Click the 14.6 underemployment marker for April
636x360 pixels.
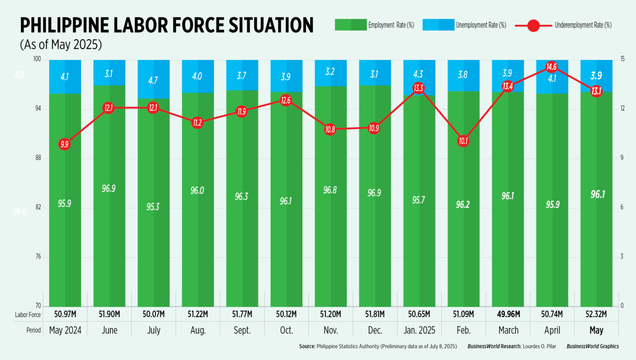[x=551, y=67]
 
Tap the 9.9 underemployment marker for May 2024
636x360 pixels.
[x=64, y=144]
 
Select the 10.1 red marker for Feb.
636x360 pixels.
[x=463, y=141]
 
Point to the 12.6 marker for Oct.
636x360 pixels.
[x=286, y=100]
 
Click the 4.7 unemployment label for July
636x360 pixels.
[x=153, y=80]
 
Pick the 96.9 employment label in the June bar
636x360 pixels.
[x=108, y=189]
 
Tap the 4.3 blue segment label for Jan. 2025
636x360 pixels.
[x=418, y=74]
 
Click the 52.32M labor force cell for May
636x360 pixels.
[x=596, y=314]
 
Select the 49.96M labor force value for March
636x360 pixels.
[x=508, y=314]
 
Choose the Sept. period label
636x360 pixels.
[x=242, y=330]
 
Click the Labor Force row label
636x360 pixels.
[x=28, y=314]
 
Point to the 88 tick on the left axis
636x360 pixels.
[x=38, y=158]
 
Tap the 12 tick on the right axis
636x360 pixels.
[x=622, y=108]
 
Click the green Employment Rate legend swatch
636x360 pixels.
[x=350, y=25]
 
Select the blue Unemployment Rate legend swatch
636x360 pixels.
[x=438, y=25]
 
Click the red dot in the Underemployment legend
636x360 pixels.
[x=533, y=26]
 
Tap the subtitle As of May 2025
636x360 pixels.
[x=61, y=45]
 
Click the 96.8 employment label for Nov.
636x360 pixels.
[x=330, y=190]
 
